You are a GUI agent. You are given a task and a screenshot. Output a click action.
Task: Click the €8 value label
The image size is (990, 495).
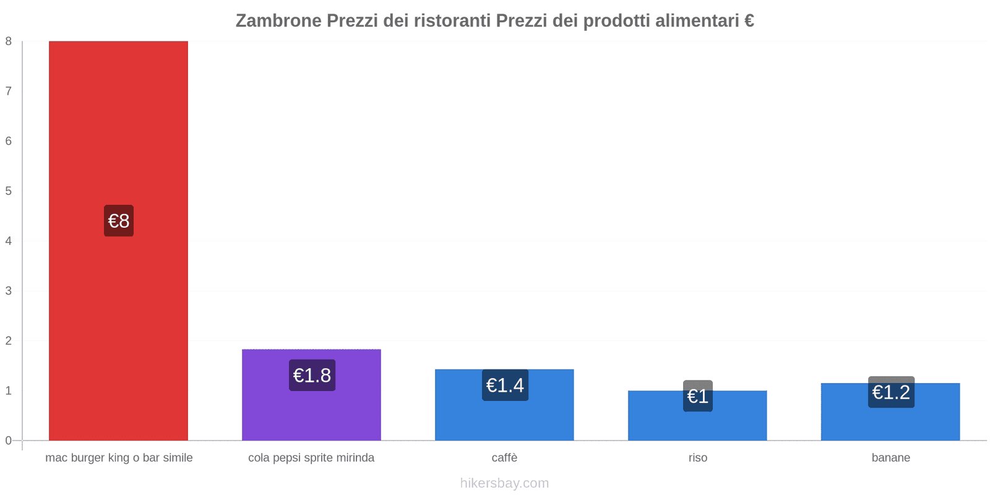[x=119, y=221]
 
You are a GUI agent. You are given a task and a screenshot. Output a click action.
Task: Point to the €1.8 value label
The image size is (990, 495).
[x=312, y=375]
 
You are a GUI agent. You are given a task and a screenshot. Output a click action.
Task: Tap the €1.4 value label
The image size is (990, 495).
[x=505, y=385]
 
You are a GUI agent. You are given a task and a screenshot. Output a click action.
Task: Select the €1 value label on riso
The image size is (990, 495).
[x=698, y=396]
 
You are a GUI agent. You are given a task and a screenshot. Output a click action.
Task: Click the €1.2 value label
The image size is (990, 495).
[x=891, y=392]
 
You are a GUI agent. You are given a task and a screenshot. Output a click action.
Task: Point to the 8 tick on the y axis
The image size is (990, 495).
[x=9, y=41]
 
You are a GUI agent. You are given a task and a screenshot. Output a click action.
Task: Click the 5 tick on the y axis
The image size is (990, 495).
[x=9, y=191]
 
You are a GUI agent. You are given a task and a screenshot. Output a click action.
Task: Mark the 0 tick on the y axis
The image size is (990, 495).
[x=9, y=441]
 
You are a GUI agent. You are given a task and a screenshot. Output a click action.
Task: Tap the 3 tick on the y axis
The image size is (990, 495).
[x=9, y=291]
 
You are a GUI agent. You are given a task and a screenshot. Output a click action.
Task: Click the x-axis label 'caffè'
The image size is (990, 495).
[x=504, y=458]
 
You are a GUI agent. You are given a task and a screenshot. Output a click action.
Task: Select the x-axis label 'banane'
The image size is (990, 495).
[x=890, y=458]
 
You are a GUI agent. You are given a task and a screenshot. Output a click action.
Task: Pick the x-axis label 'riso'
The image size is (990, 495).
[x=697, y=458]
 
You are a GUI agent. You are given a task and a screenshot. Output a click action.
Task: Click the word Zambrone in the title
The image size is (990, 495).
[x=278, y=21]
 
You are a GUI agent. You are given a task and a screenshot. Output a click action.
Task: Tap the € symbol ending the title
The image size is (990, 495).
[x=749, y=21]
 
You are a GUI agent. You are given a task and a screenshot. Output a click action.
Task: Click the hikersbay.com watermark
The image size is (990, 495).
[x=504, y=483]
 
